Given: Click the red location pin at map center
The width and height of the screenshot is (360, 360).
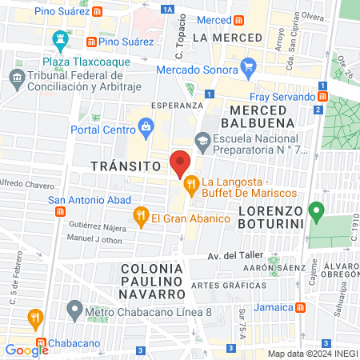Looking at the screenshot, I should [180, 163].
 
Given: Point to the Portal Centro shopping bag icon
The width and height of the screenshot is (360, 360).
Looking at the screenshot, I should [146, 125].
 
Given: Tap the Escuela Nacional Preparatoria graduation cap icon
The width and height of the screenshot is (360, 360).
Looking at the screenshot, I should [202, 141].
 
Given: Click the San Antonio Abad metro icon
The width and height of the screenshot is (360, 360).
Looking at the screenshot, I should [59, 212].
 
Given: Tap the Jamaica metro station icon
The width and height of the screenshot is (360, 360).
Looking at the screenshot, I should [300, 307].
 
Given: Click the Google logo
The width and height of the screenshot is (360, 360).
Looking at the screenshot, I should [26, 350].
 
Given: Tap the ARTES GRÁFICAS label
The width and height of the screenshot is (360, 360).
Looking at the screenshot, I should [228, 286].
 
